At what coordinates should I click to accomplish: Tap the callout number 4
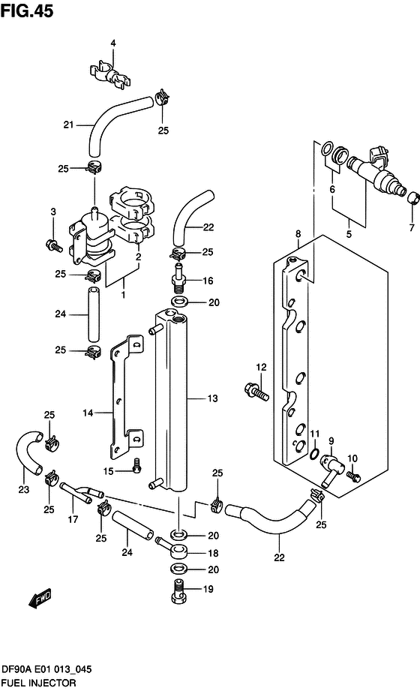[113, 43]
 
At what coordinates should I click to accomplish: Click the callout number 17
[73, 519]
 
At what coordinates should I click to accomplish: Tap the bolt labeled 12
[254, 390]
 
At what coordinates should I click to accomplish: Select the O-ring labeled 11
[312, 452]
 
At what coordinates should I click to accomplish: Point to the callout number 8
[298, 234]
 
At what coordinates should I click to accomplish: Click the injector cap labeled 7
[412, 198]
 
